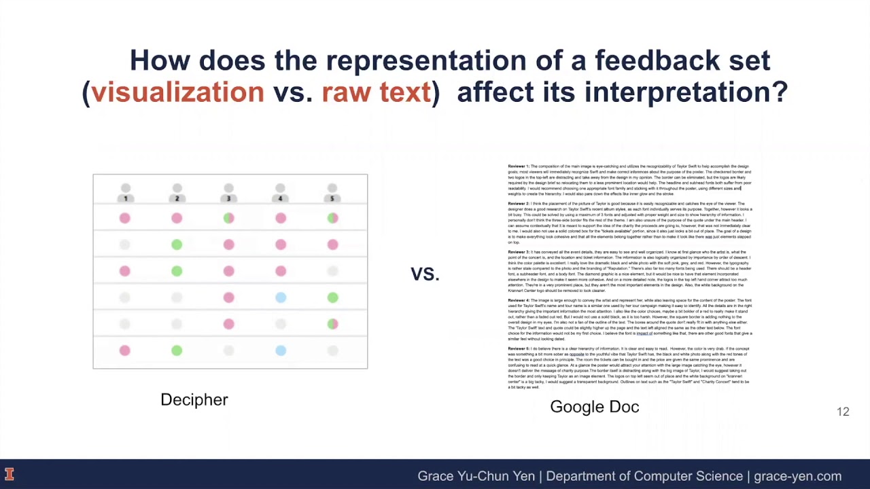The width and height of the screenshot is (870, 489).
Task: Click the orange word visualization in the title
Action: click(177, 92)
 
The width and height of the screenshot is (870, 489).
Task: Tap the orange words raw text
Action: click(376, 92)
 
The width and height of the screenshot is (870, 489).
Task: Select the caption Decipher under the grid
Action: click(194, 399)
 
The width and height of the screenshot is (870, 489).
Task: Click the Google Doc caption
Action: click(594, 407)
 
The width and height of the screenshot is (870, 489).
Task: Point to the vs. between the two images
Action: click(425, 273)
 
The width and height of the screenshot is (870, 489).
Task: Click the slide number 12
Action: click(843, 412)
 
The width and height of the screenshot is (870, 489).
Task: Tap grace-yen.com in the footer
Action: click(797, 476)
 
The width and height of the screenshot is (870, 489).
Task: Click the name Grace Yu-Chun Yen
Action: click(476, 476)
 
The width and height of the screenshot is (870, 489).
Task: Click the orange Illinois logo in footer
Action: click(10, 474)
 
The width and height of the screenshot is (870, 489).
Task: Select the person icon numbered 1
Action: click(125, 192)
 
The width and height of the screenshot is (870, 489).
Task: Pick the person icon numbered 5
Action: click(332, 192)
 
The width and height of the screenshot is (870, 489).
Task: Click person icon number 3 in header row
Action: click(228, 192)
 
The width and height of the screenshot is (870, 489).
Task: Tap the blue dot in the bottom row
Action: click(281, 350)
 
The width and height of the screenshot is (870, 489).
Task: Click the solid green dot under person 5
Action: click(332, 297)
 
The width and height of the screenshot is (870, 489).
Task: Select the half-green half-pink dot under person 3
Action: click(228, 218)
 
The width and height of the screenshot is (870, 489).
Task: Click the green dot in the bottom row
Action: click(177, 350)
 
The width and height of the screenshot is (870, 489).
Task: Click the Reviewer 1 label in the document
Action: click(518, 166)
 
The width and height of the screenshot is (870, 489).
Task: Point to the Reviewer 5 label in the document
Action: click(518, 348)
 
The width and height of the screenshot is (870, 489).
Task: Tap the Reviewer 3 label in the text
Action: click(518, 252)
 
